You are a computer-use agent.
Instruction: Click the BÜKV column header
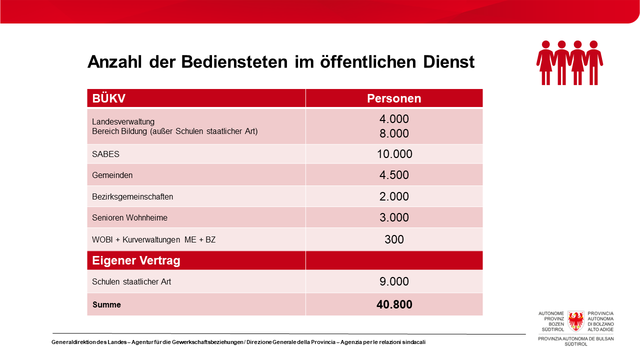pyautogui.click(x=108, y=98)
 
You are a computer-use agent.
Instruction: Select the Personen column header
pyautogui.click(x=394, y=98)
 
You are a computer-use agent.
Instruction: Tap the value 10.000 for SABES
pyautogui.click(x=394, y=154)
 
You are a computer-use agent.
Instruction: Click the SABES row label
pyautogui.click(x=105, y=154)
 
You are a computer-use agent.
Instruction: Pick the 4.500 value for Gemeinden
pyautogui.click(x=394, y=175)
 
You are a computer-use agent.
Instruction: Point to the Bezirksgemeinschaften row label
pyautogui.click(x=132, y=196)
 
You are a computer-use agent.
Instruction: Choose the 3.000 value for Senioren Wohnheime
pyautogui.click(x=394, y=217)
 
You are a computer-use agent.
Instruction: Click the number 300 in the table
pyautogui.click(x=394, y=239)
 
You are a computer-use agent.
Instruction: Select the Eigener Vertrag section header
pyautogui.click(x=136, y=260)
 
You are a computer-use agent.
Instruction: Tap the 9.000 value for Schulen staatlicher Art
pyautogui.click(x=394, y=281)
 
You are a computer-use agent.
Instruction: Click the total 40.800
pyautogui.click(x=394, y=304)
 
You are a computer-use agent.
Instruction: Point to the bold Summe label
pyautogui.click(x=106, y=304)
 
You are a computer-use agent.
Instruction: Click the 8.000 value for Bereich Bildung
pyautogui.click(x=394, y=133)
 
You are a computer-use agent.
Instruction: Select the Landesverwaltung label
pyautogui.click(x=123, y=121)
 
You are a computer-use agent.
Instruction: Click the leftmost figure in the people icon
pyautogui.click(x=545, y=62)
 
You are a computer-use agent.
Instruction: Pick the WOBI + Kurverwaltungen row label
pyautogui.click(x=153, y=239)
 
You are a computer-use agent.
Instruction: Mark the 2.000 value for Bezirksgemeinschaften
pyautogui.click(x=394, y=196)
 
